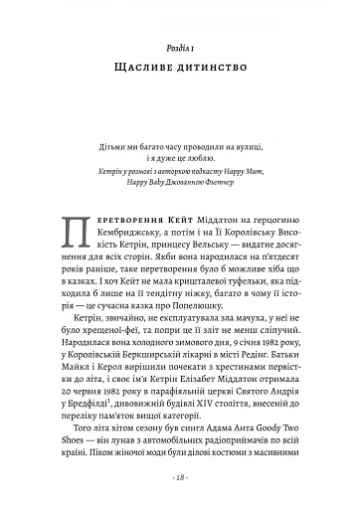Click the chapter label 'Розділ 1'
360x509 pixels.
point(180,49)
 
